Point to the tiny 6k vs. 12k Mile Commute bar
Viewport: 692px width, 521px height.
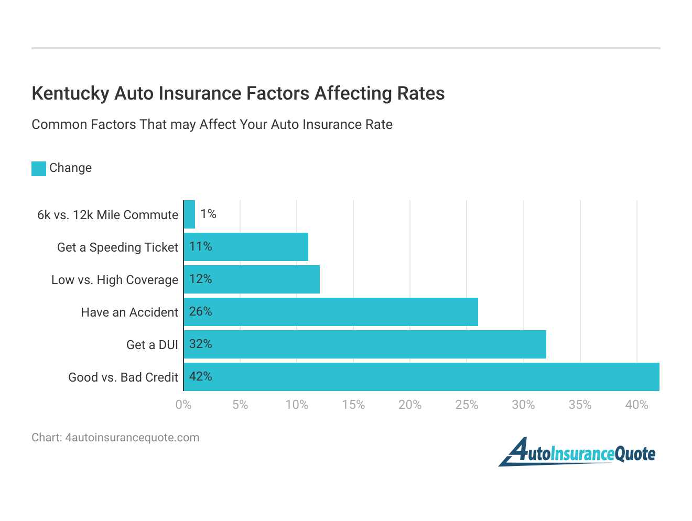coord(189,214)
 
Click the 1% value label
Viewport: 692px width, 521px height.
coord(208,214)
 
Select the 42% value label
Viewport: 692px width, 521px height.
coord(200,376)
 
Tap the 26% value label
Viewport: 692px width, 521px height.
coord(200,311)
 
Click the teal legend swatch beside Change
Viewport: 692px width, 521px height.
coord(39,168)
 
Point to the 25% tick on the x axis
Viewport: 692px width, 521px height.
coord(467,405)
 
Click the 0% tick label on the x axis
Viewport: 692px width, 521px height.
coord(183,405)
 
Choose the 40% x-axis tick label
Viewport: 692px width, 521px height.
coord(636,405)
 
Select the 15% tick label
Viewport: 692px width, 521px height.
coord(353,405)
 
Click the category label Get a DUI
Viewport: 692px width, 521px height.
coord(152,345)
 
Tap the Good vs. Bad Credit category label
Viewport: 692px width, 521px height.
coord(123,377)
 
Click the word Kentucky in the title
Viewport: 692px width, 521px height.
coord(70,93)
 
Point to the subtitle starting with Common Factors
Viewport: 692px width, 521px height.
coord(212,125)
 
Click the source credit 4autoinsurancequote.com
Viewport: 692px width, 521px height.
coord(132,438)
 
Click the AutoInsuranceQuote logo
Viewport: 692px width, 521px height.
coord(577,452)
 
